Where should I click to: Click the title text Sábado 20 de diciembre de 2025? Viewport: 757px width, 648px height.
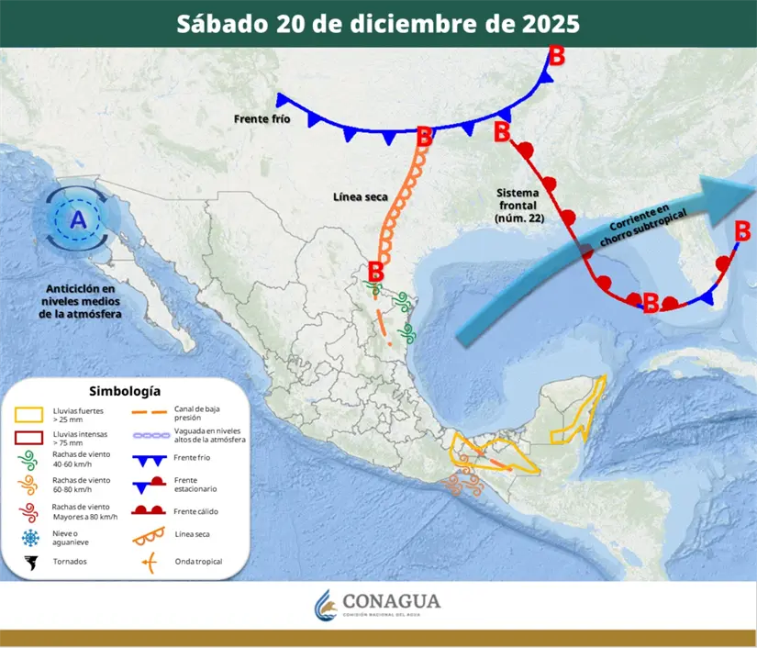[378, 23]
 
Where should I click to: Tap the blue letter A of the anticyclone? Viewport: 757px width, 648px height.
[78, 220]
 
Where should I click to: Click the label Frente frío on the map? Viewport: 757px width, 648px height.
[262, 118]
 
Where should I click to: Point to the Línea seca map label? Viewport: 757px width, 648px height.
[360, 196]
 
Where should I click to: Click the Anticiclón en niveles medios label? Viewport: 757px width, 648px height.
[81, 301]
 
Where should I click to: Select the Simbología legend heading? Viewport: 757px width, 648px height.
[130, 391]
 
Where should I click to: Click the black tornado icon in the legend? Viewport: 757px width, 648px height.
[31, 561]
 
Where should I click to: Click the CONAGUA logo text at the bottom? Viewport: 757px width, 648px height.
[391, 601]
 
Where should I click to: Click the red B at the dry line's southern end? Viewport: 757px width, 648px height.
[375, 272]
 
